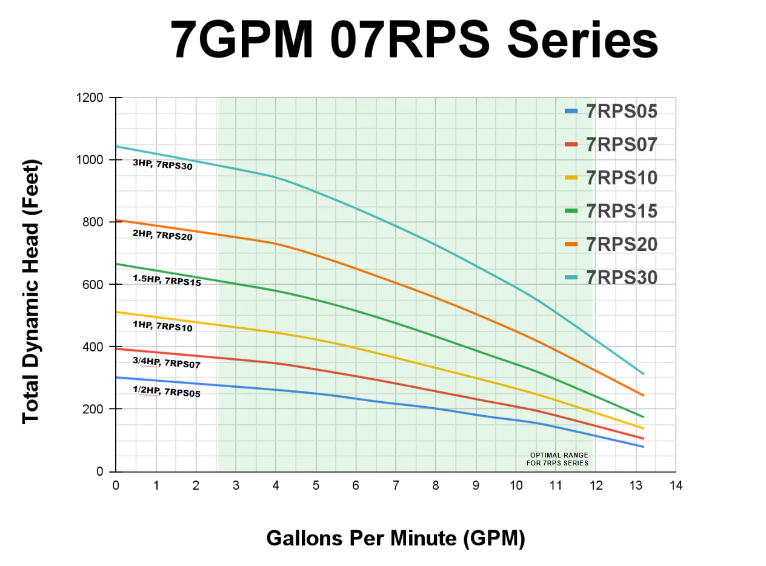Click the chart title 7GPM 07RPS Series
(414, 40)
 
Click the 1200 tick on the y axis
(89, 98)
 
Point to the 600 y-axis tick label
(93, 284)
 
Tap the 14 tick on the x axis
(675, 485)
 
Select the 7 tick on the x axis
(396, 485)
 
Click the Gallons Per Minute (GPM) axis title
(395, 538)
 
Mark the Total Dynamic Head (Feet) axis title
(31, 292)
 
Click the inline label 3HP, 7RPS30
(162, 164)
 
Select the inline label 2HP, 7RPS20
(162, 235)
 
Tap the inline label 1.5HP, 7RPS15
(167, 280)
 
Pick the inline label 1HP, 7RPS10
(162, 326)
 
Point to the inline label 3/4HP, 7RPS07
(166, 363)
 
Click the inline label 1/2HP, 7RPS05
(166, 391)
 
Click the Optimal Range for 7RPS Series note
(559, 459)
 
